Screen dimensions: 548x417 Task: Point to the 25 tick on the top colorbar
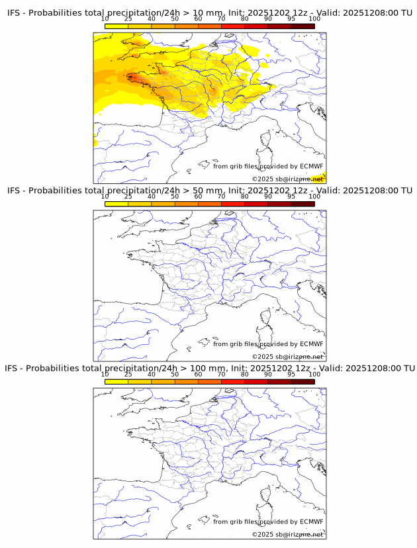coord(128,19)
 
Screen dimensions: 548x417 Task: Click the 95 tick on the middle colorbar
coord(291,196)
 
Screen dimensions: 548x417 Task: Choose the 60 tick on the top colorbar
coord(198,19)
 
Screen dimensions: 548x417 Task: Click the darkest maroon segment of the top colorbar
coord(302,26)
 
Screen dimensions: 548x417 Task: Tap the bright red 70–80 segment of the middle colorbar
coord(233,203)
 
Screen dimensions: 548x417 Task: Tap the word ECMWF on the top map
coord(312,166)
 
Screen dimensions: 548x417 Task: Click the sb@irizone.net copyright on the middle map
coord(288,357)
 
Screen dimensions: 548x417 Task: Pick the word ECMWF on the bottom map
coord(312,522)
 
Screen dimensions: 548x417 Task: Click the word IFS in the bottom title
coord(14,368)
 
